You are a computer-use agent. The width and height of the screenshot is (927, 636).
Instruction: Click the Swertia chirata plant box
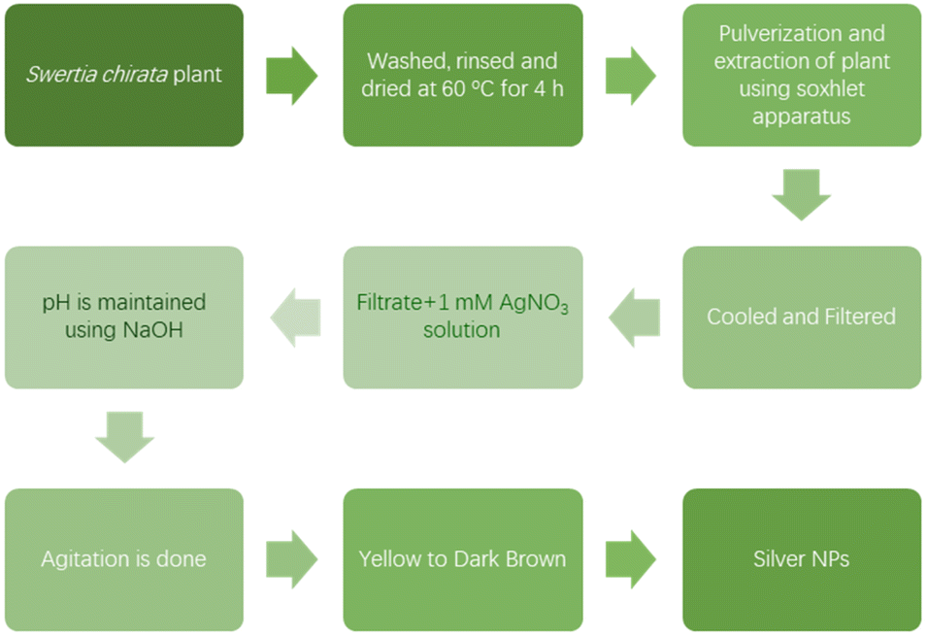(124, 75)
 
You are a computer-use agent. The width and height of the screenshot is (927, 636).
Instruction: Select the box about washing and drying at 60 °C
(463, 75)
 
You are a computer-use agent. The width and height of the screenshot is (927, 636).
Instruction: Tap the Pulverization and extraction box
(802, 75)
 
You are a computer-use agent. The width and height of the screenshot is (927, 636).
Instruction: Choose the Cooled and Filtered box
(802, 318)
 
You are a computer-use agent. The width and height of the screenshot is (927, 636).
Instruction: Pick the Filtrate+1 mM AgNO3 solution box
(463, 318)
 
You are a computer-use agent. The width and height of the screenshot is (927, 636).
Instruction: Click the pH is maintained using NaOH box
(124, 318)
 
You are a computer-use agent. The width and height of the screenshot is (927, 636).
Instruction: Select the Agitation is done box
(124, 559)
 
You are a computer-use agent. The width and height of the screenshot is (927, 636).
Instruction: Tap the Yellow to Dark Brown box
(463, 559)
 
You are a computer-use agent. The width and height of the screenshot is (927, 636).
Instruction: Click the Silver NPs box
(802, 559)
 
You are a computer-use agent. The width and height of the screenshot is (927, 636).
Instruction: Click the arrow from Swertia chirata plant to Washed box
(292, 76)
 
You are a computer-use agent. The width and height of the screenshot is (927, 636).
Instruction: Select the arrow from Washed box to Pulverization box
(631, 76)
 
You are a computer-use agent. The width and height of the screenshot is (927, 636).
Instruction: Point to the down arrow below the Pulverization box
(802, 194)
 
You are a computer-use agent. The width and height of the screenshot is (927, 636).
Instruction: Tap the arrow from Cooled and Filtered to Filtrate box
(635, 318)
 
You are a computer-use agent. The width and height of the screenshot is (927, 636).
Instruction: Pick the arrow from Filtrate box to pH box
(296, 318)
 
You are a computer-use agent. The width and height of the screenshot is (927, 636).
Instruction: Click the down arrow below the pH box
(125, 437)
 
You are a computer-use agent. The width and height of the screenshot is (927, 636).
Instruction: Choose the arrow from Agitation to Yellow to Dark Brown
(292, 559)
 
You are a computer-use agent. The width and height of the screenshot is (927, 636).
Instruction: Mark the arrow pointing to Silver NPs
(631, 559)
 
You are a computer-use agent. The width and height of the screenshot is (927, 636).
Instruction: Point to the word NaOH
(153, 330)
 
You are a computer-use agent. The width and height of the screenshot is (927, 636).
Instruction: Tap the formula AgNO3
(534, 304)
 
